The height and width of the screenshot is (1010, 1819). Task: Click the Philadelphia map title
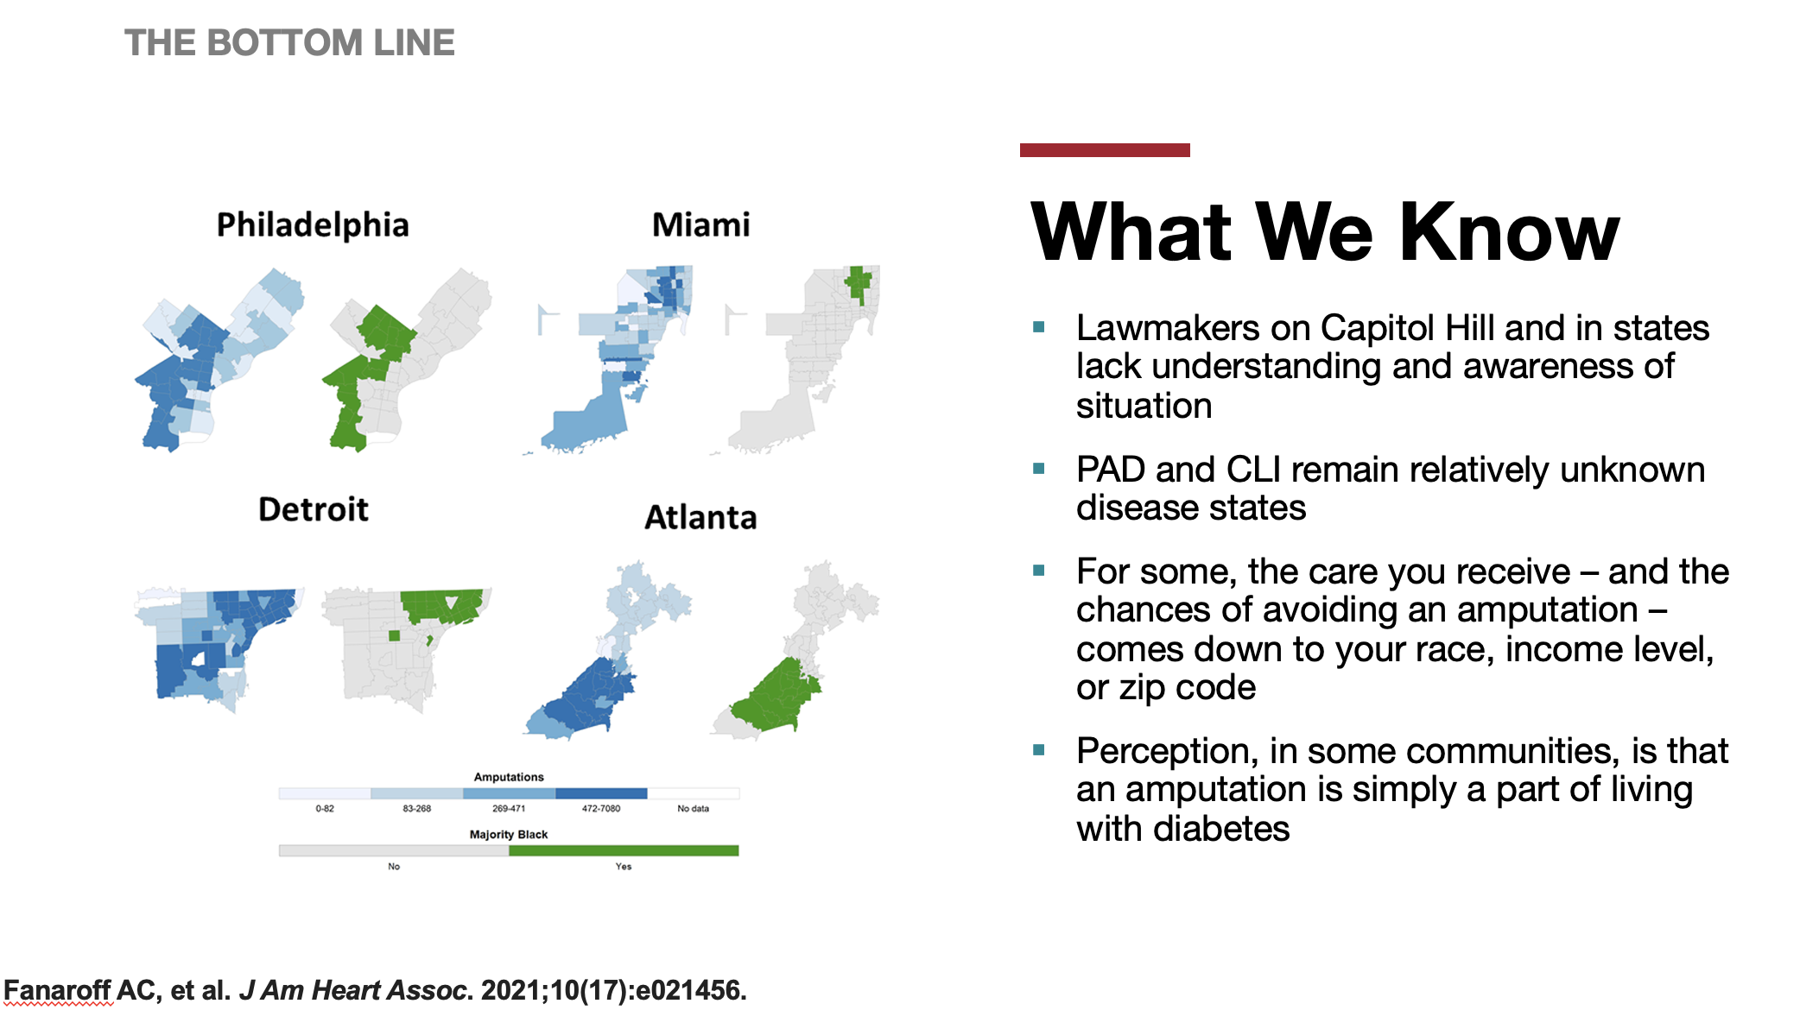(x=313, y=225)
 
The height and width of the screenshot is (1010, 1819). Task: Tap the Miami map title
(x=700, y=225)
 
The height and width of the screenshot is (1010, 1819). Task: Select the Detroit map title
(x=314, y=509)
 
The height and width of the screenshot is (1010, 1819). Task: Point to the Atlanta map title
(x=700, y=517)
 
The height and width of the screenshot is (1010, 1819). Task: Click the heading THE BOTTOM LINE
(x=289, y=42)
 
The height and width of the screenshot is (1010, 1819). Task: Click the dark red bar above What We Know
(x=1105, y=150)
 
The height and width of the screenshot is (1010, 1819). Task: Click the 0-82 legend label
(x=325, y=809)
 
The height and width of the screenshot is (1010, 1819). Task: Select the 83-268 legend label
(x=416, y=809)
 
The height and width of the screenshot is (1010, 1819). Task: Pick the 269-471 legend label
(x=509, y=809)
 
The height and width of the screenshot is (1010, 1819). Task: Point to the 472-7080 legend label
(x=601, y=809)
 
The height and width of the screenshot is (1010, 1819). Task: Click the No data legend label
(x=693, y=809)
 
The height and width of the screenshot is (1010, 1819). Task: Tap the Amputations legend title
(x=509, y=777)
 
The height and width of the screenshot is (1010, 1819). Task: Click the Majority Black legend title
(x=509, y=834)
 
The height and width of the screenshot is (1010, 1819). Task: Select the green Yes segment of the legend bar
(x=624, y=850)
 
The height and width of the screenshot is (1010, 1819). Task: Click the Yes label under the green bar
(x=624, y=867)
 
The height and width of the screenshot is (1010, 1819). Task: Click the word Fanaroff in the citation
(x=58, y=990)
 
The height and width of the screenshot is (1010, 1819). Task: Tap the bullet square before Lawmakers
(x=1039, y=327)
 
